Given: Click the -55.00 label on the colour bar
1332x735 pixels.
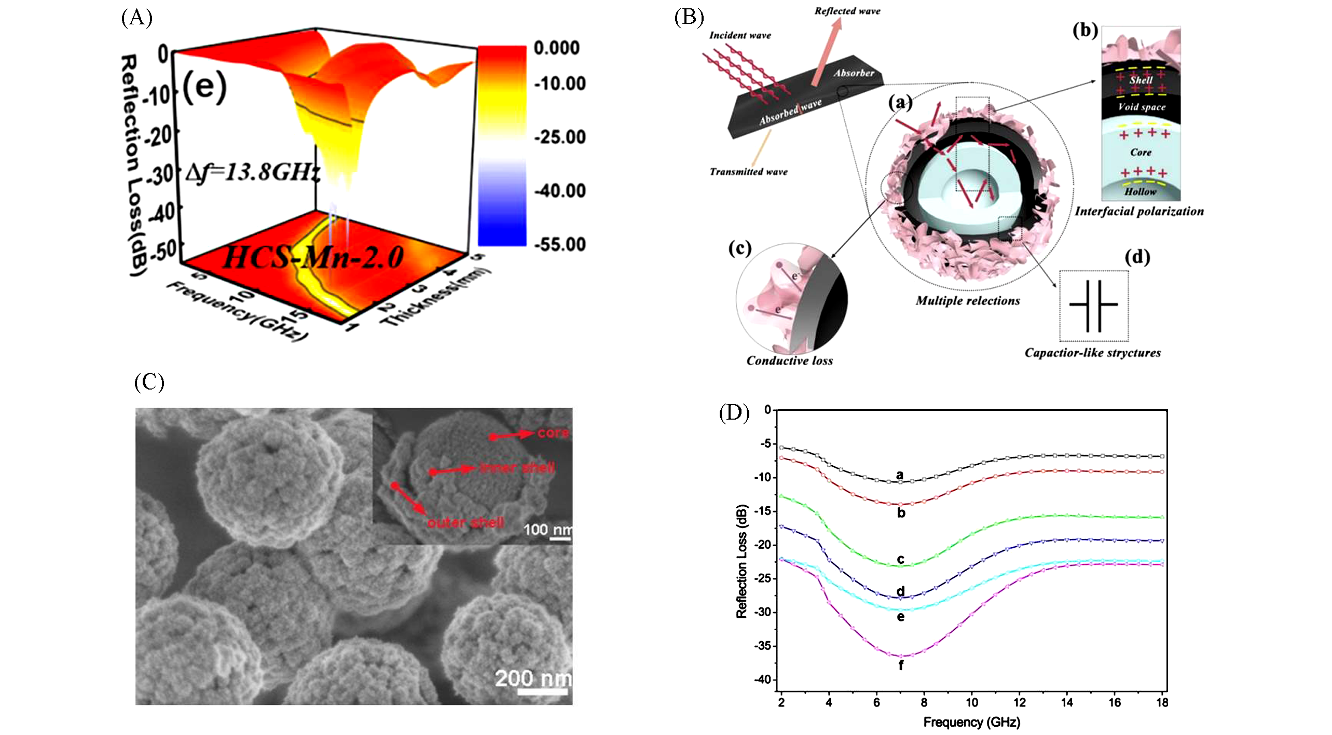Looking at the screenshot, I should tap(560, 244).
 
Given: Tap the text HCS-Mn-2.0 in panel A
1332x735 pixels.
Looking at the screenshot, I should tap(313, 257).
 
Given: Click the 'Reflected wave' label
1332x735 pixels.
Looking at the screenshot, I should tap(847, 11).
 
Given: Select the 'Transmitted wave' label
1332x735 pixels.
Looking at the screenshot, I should tap(748, 172).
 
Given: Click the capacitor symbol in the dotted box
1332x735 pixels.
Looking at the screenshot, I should tap(1093, 306).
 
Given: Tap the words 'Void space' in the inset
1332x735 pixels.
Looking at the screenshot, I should tap(1142, 107).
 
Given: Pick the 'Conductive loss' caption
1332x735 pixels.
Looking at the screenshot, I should tap(789, 361).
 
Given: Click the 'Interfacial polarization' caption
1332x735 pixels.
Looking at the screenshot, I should tap(1139, 212).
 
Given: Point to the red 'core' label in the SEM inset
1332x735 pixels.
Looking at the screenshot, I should tap(553, 433).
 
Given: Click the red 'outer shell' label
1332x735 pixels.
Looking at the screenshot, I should tap(465, 523).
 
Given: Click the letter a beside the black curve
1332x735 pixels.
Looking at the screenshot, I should tap(900, 475).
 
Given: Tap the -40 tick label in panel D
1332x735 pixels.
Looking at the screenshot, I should tap(762, 679).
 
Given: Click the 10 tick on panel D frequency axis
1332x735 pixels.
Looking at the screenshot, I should tap(971, 703).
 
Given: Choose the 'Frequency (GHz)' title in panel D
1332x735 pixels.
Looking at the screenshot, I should tap(971, 723).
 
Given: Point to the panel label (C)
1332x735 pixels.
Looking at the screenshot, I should tap(149, 382).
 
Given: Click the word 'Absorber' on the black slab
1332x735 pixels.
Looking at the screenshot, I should tap(854, 73).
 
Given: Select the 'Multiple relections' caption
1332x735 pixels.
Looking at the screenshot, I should tap(968, 301).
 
